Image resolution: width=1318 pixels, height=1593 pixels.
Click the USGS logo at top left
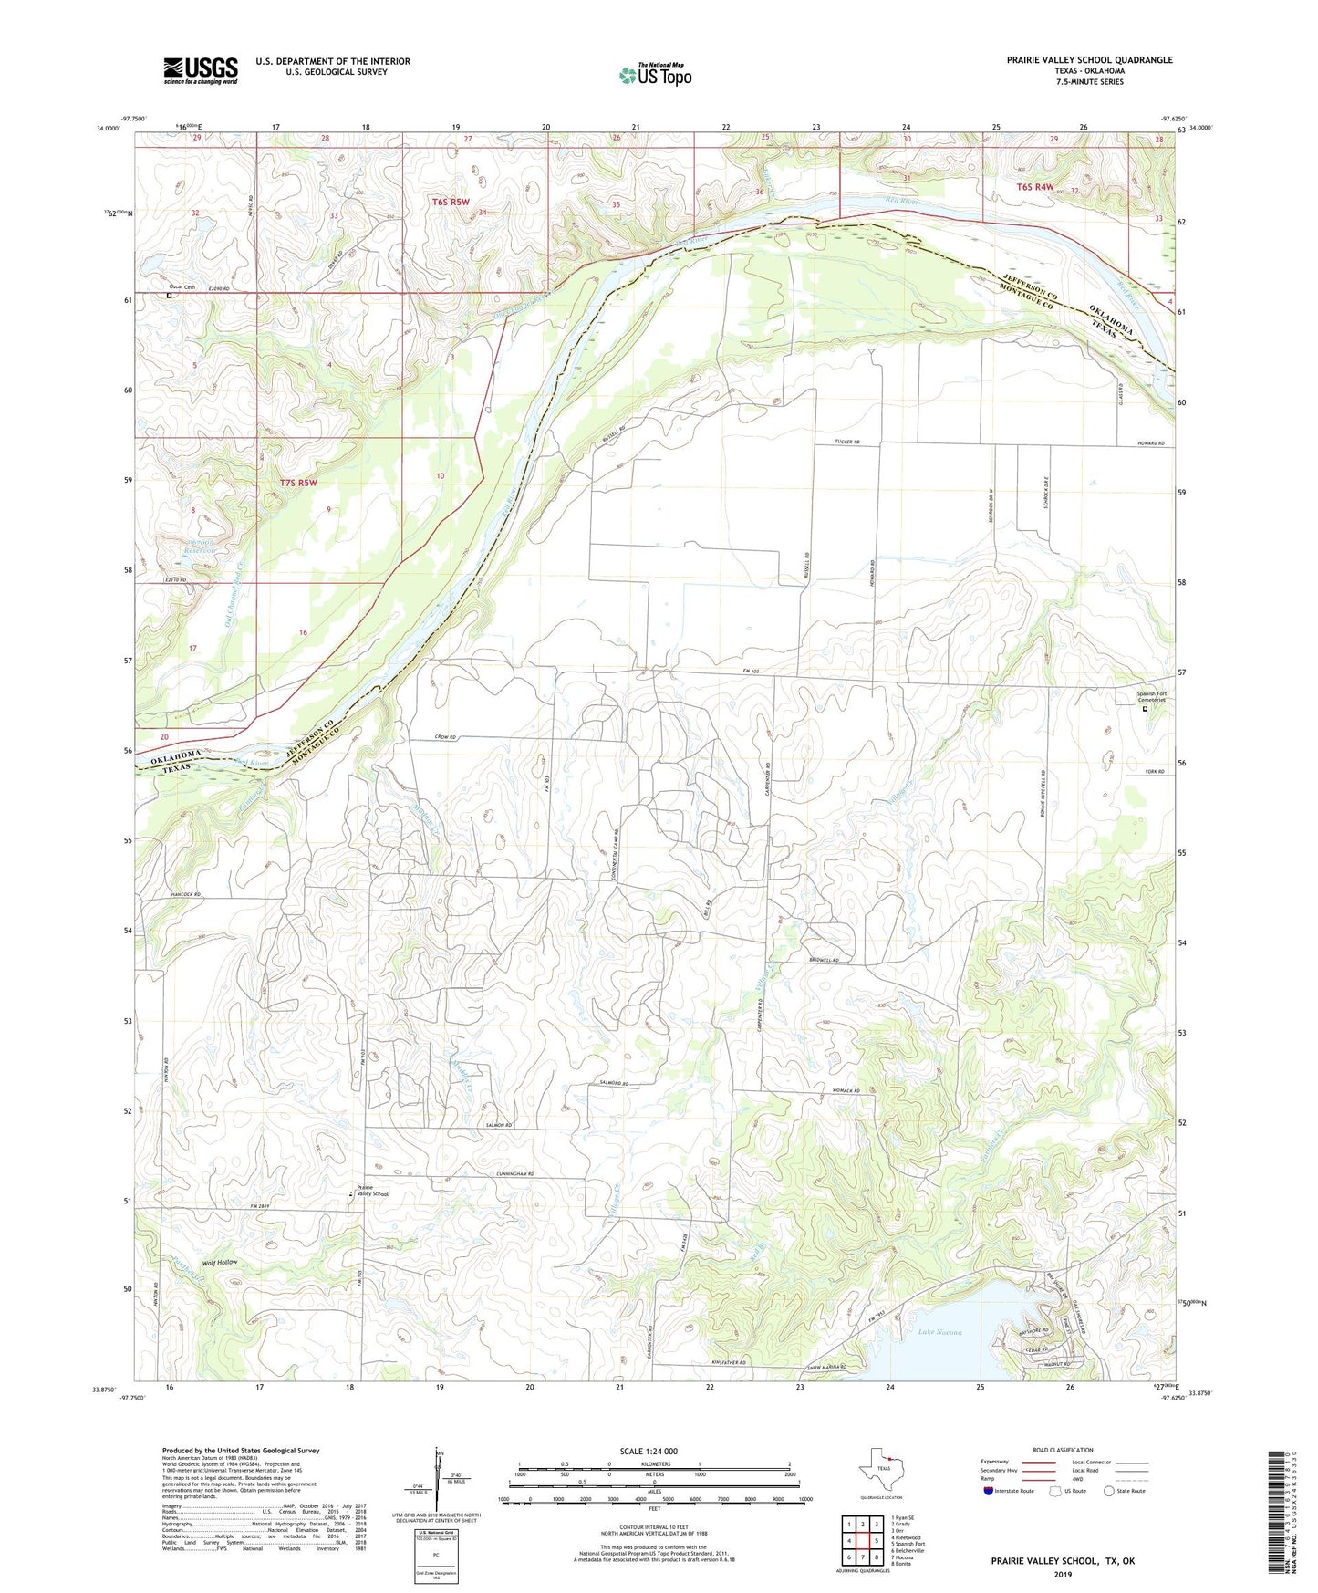201,70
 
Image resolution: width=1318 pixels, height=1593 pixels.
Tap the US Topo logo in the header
655,75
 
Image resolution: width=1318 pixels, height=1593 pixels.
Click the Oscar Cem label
182,286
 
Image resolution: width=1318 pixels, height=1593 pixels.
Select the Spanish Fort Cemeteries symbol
1146,707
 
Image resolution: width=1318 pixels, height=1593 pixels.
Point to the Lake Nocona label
939,1332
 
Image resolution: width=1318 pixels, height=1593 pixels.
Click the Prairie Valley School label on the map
372,1191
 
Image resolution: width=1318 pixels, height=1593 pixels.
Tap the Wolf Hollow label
215,1262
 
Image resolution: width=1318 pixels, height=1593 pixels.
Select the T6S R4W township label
1035,187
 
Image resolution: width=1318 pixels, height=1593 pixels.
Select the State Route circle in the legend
1109,1491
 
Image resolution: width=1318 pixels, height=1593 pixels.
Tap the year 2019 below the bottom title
1063,1574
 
